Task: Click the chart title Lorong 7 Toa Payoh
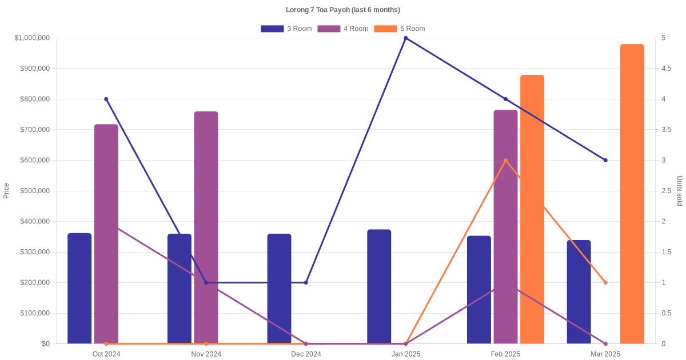tap(342, 10)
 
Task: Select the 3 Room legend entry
tap(286, 29)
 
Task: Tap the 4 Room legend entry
tap(342, 29)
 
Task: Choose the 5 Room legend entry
tap(399, 29)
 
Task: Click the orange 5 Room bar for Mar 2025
tap(632, 194)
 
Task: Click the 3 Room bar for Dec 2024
tap(279, 289)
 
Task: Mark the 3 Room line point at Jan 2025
tap(406, 38)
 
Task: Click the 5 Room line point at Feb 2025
tap(505, 161)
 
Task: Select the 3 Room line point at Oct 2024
tap(106, 99)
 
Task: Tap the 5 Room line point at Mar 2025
tap(605, 282)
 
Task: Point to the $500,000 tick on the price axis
tap(34, 191)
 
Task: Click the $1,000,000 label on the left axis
tap(32, 38)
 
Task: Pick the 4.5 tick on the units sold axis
tap(667, 69)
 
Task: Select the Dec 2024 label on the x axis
tap(306, 354)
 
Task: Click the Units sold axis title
tap(680, 191)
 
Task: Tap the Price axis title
tap(6, 191)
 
